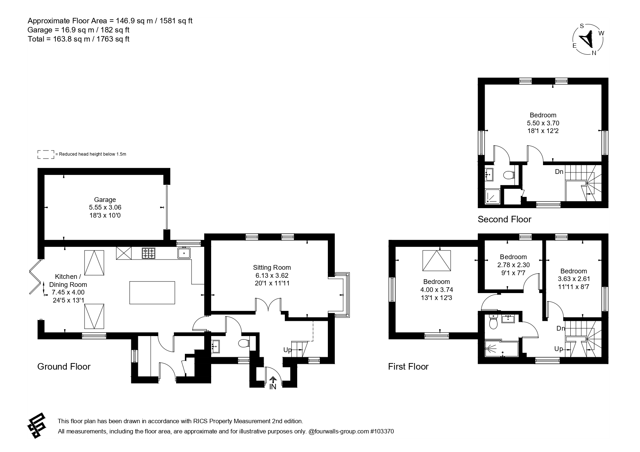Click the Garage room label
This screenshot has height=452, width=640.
(105, 199)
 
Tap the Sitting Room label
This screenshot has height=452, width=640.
(272, 268)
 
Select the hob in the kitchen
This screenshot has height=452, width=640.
(148, 253)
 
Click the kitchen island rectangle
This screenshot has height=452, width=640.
(152, 293)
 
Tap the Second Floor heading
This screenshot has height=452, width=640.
(504, 219)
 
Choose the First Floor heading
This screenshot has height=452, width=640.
(408, 366)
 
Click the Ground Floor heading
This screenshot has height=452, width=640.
(64, 366)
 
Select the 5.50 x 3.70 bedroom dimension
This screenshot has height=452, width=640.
(543, 123)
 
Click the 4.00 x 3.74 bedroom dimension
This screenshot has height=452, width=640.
(437, 290)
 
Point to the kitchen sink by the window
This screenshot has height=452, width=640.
(184, 253)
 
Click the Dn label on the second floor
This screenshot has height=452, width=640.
(559, 172)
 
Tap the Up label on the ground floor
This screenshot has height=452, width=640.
(288, 350)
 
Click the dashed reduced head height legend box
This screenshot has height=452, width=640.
(46, 154)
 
